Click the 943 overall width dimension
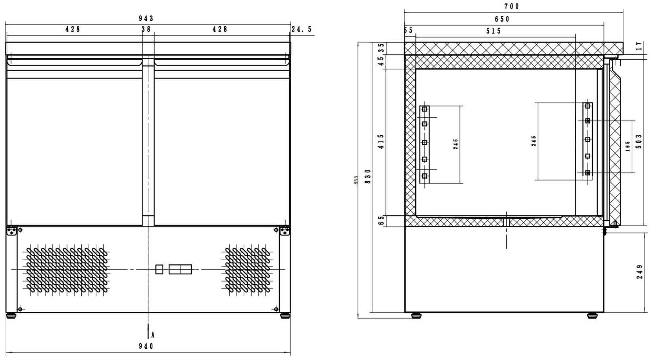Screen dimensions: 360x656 pos(146,19)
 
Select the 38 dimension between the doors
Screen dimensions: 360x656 pos(146,29)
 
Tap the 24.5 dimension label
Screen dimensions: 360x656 pos(302,29)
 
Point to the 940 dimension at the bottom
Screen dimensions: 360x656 pos(146,346)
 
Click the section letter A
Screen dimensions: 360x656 pos(153,335)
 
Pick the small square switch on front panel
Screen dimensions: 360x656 pos(159,269)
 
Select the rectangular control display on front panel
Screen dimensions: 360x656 pos(180,269)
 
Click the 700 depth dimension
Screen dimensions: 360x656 pos(512,6)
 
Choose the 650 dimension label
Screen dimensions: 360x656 pos(502,19)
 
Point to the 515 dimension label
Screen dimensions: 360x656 pos(494,31)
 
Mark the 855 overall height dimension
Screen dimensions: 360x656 pos(356,180)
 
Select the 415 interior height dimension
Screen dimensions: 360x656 pos(381,141)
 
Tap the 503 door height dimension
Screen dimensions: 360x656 pos(639,141)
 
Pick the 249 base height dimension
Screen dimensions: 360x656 pos(640,272)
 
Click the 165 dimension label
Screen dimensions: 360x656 pos(627,146)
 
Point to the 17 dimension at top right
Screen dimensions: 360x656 pos(638,46)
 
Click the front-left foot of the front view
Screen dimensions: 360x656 pos(11,316)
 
